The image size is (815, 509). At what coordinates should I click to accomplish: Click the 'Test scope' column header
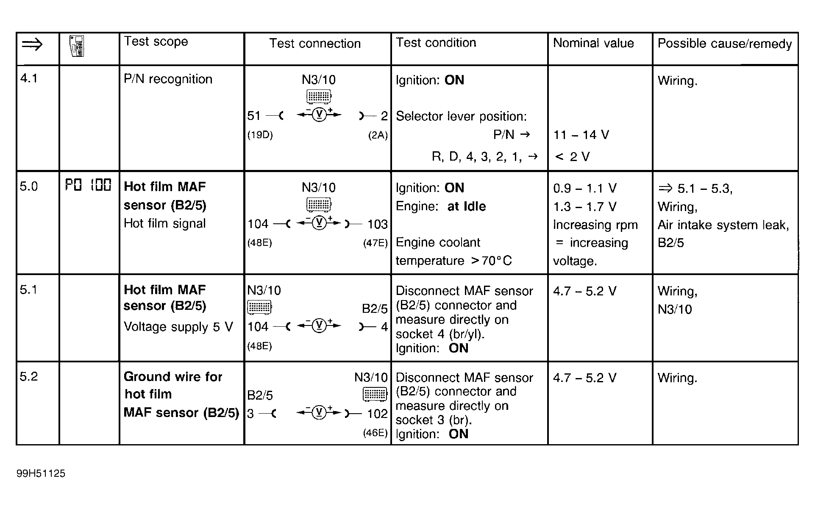156,42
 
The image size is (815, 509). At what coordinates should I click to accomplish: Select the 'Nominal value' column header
593,43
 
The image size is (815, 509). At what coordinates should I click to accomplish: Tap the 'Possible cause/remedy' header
724,44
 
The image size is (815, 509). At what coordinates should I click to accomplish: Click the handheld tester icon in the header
77,46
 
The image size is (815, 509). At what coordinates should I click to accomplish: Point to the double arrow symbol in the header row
32,44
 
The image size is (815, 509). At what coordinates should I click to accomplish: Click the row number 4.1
29,78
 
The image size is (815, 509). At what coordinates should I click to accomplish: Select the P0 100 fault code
88,185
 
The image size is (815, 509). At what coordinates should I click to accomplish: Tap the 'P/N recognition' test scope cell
168,79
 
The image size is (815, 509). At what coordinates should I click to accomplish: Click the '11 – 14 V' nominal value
581,135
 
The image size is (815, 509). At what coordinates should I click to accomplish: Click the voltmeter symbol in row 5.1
319,325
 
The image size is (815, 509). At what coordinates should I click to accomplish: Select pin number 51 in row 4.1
254,115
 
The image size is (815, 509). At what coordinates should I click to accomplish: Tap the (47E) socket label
375,243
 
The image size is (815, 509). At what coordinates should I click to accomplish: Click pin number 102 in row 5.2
377,414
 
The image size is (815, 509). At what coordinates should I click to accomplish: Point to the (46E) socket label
375,433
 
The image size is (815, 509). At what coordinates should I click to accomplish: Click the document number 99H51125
41,473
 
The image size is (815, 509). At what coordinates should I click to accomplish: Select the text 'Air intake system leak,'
723,225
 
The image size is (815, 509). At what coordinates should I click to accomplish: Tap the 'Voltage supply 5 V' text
178,327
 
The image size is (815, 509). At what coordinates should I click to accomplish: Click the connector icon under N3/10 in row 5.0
319,205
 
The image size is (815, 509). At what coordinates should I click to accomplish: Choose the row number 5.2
29,376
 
